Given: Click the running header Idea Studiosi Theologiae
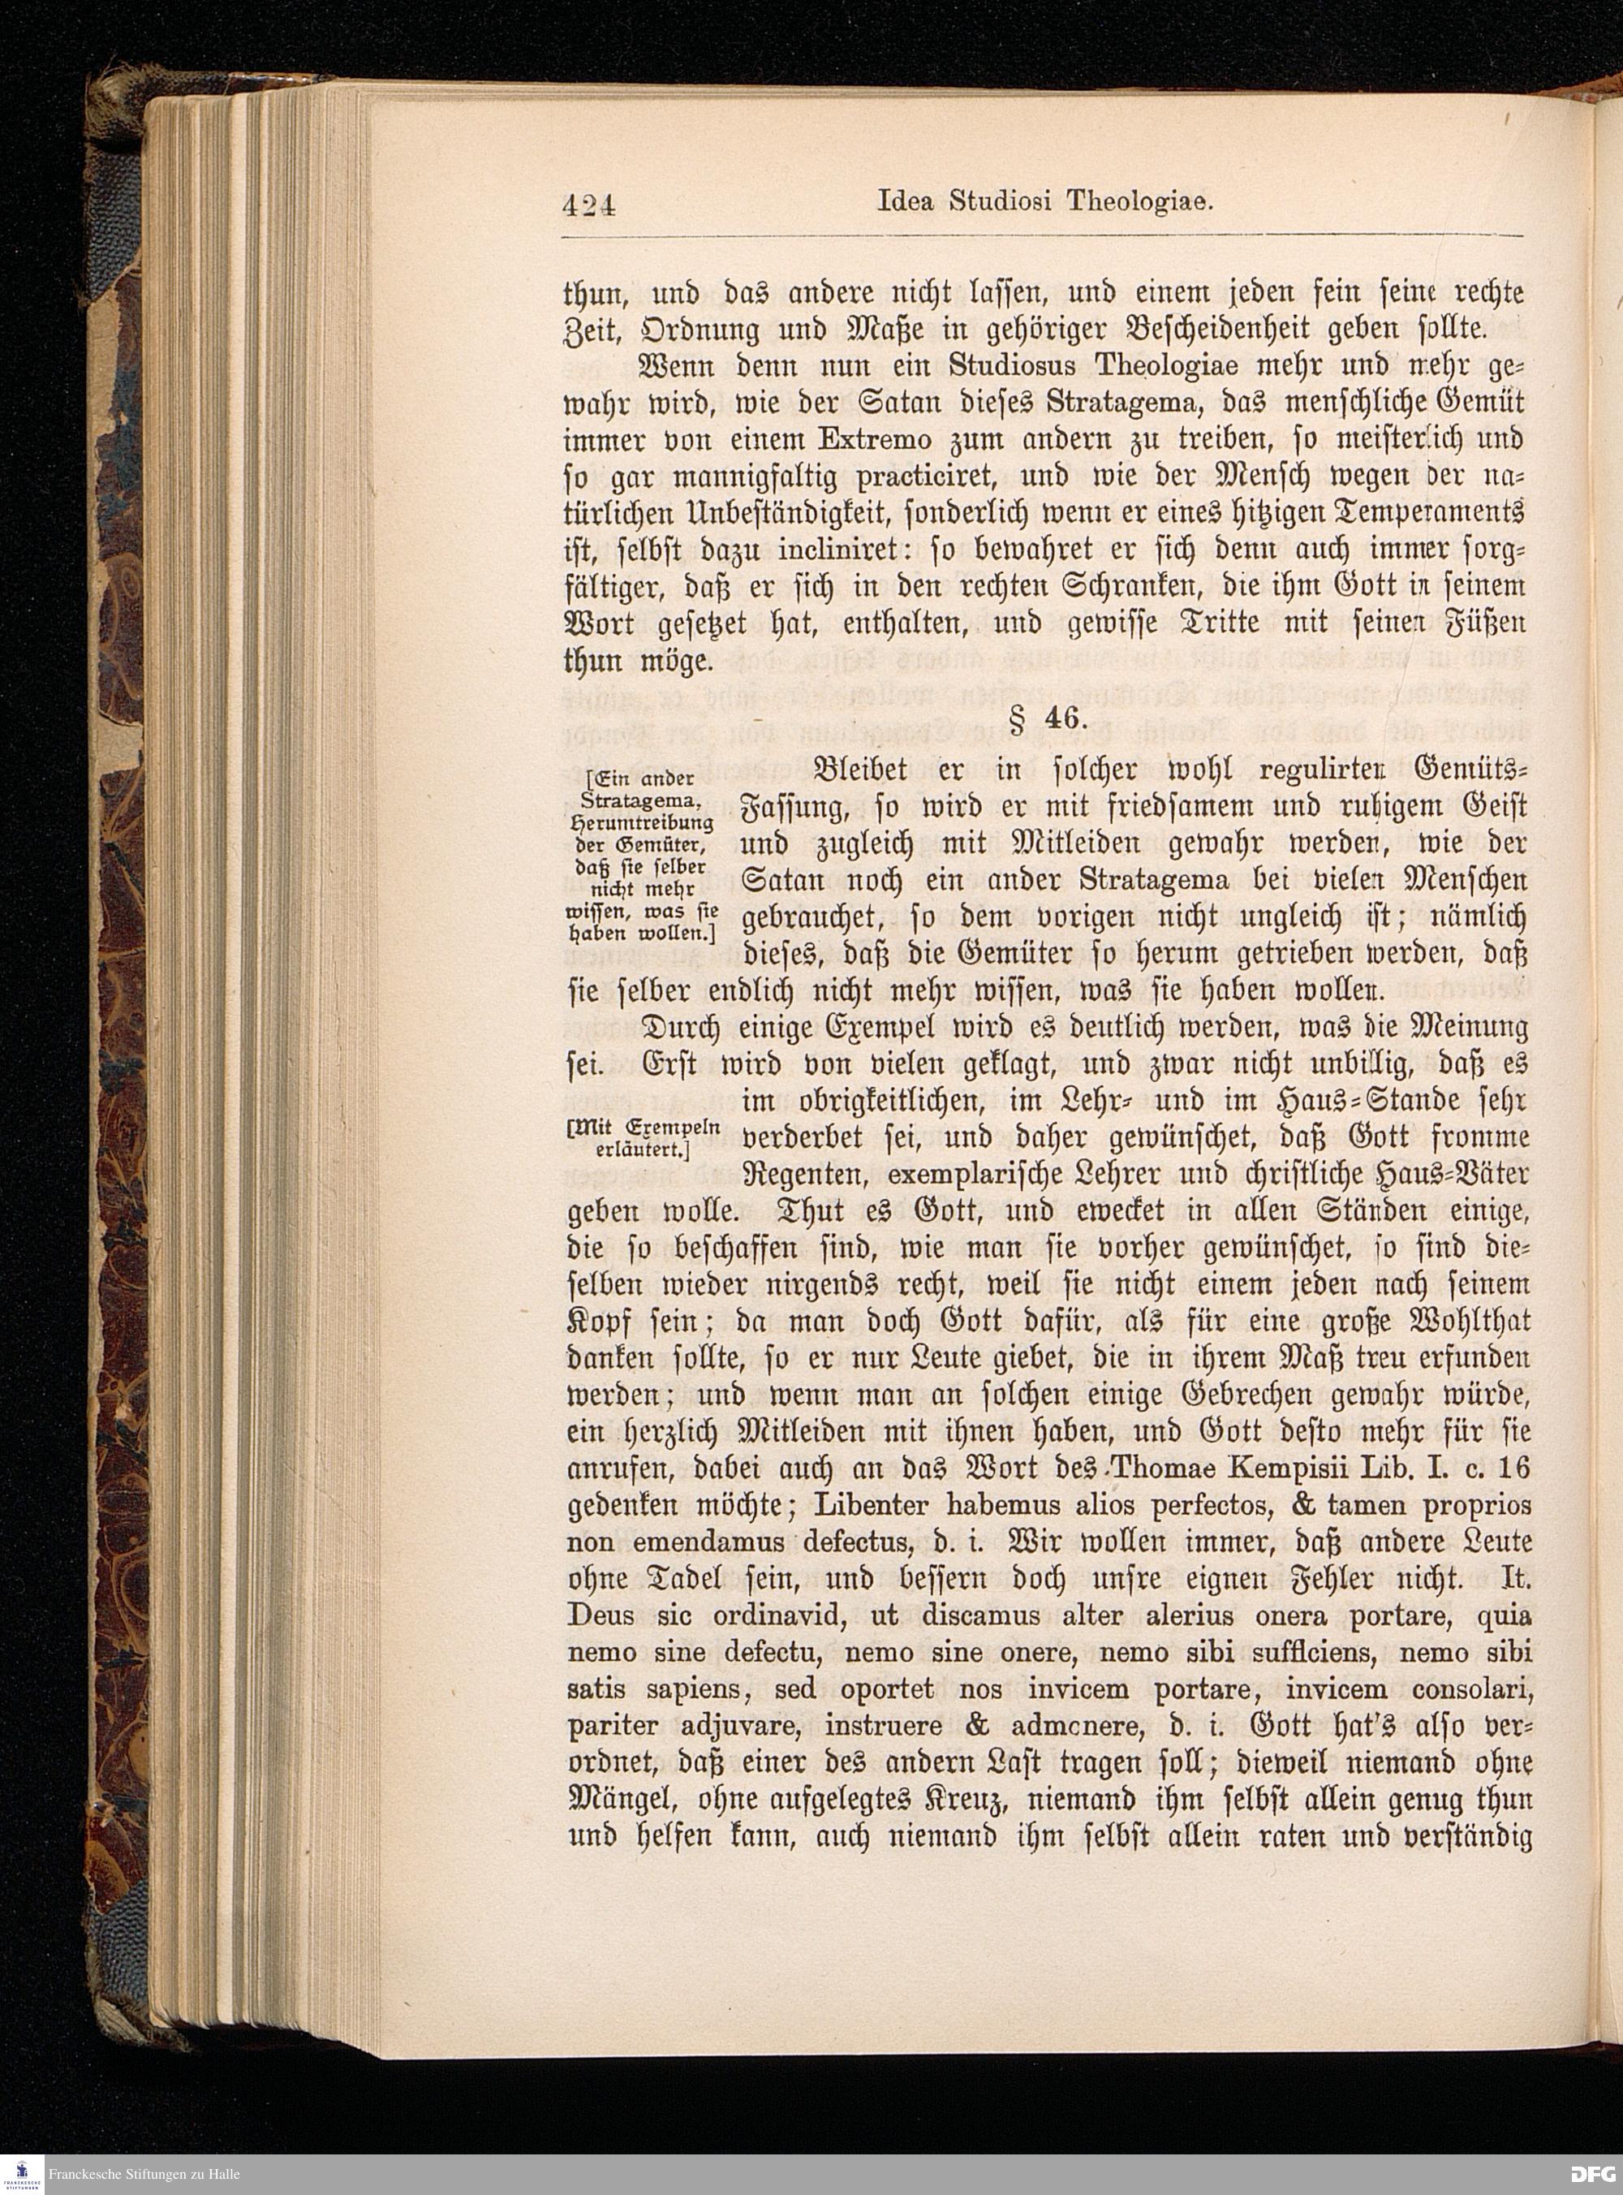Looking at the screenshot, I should [1044, 202].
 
